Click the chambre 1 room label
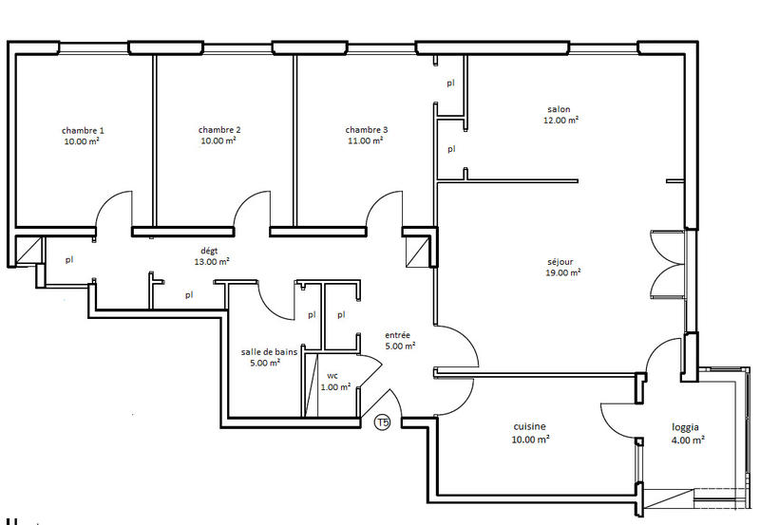click(x=83, y=130)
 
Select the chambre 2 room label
click(x=219, y=130)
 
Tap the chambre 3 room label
click(x=366, y=130)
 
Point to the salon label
click(x=560, y=109)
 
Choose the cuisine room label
click(x=530, y=427)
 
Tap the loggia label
click(x=684, y=427)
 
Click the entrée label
click(x=399, y=335)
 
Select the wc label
click(x=332, y=375)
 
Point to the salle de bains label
click(x=269, y=351)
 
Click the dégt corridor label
click(x=210, y=250)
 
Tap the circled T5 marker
click(x=382, y=422)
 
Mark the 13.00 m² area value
click(x=212, y=261)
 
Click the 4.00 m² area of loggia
click(x=685, y=440)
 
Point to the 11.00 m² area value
click(x=366, y=141)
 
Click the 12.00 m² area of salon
click(x=560, y=121)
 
